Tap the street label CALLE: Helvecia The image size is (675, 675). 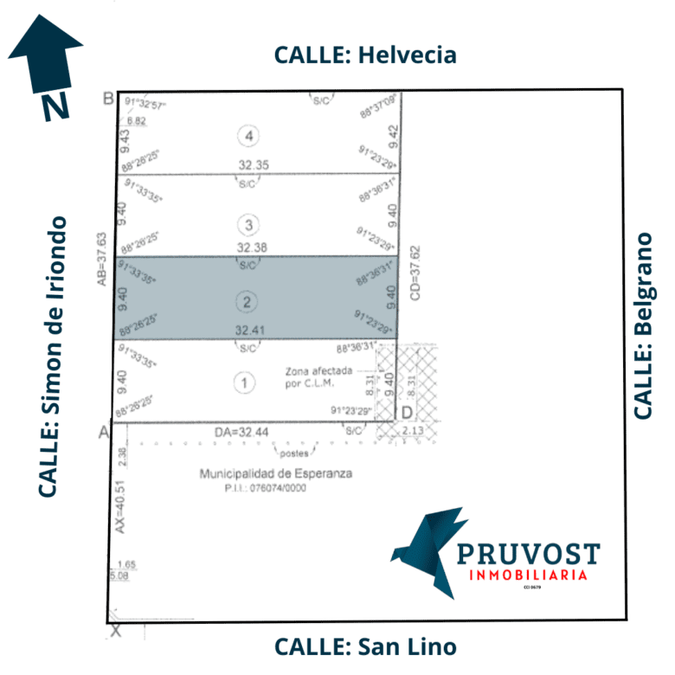(x=365, y=55)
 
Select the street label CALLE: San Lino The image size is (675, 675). (x=365, y=646)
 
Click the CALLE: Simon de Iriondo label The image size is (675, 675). (x=53, y=357)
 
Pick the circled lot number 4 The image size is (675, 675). (x=250, y=136)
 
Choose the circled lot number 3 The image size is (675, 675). (x=249, y=226)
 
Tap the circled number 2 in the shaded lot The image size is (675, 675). (x=247, y=302)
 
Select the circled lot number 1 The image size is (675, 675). (x=246, y=382)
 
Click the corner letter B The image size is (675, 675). (x=108, y=98)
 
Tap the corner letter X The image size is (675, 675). (x=116, y=632)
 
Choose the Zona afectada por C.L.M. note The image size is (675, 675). (x=319, y=377)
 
